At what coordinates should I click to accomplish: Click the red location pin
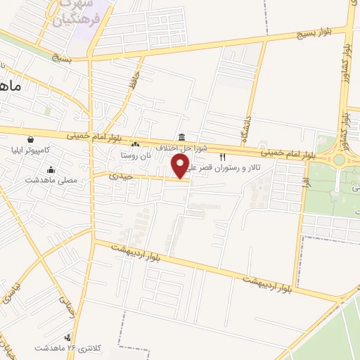pos(181,167)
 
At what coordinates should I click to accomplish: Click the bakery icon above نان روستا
pos(135,144)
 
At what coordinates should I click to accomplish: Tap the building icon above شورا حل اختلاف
pos(182,136)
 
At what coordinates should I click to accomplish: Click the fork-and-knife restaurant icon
pos(223,157)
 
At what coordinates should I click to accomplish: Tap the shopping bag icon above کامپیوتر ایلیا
pos(30,139)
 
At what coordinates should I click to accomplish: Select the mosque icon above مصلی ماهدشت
pos(51,169)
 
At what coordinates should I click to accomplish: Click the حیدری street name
pos(124,176)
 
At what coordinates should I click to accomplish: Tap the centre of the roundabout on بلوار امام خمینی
pos(340,159)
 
